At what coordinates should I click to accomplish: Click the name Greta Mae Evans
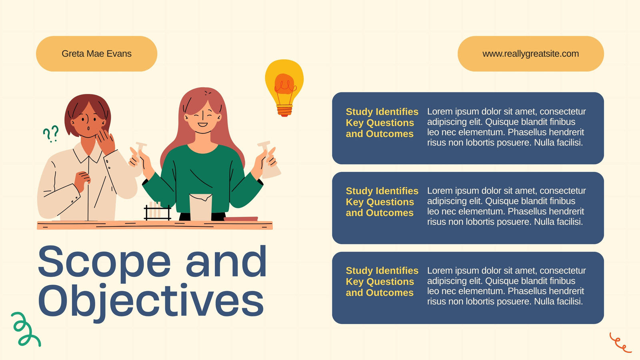coord(96,54)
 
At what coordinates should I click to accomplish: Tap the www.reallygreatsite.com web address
coord(530,54)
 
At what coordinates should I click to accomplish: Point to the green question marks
coord(51,134)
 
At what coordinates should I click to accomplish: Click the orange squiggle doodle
coord(620,343)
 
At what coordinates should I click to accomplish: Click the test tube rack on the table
coord(158,212)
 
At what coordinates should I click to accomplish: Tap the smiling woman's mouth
coord(202,124)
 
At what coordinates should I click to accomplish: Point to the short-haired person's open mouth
coord(88,128)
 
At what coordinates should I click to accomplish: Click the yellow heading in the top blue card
coord(382,122)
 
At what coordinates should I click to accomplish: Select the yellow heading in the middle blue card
coord(382,202)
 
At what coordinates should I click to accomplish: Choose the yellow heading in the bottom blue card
coord(382,282)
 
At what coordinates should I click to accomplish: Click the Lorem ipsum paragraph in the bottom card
coord(506,286)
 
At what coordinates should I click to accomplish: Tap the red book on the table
coord(241,219)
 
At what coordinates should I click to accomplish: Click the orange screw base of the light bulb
coord(284,110)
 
